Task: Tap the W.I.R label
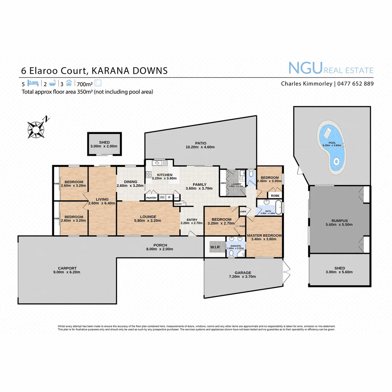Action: click(215, 248)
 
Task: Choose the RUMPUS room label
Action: click(340, 220)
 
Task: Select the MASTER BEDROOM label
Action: click(264, 236)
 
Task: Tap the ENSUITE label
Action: click(236, 246)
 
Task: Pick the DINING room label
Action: click(130, 182)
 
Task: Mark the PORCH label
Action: click(160, 245)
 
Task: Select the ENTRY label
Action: click(191, 220)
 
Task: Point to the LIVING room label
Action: click(102, 199)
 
